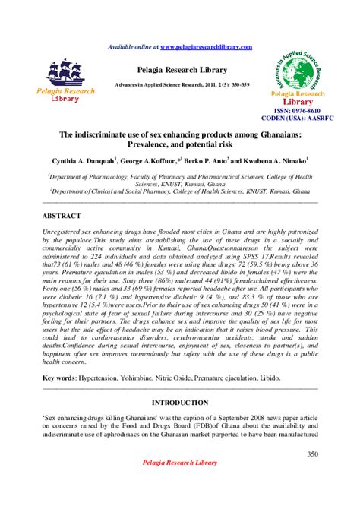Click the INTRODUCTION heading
pyautogui.click(x=180, y=402)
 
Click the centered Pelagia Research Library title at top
pyautogui.click(x=180, y=69)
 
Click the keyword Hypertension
pyautogui.click(x=103, y=377)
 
